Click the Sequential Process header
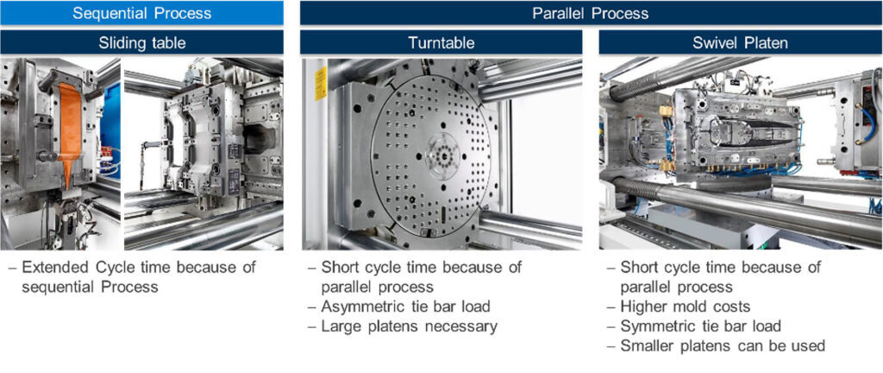(x=141, y=13)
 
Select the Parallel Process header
(x=591, y=13)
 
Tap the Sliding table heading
(x=141, y=42)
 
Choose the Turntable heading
(x=441, y=42)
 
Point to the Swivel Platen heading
(x=740, y=42)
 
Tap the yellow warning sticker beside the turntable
(x=321, y=84)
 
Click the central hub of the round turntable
(x=442, y=151)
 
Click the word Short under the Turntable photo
(x=341, y=267)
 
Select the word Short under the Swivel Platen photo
(x=640, y=267)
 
